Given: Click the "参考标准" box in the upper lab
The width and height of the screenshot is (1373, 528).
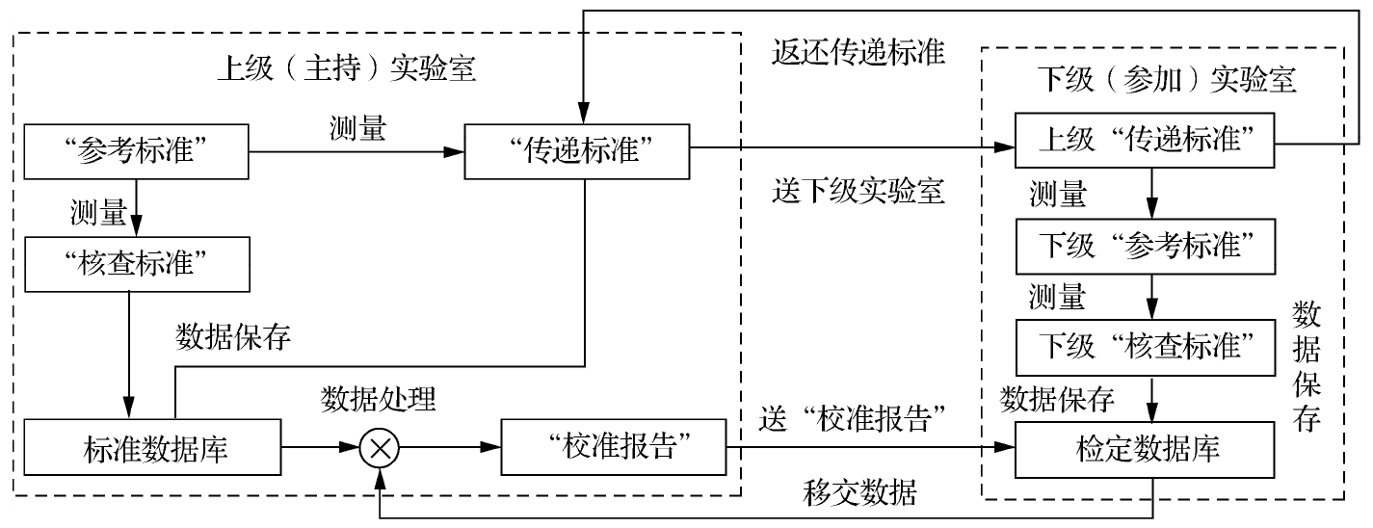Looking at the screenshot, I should pos(136,151).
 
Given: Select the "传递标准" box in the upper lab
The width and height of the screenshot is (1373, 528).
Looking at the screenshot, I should pos(576,151).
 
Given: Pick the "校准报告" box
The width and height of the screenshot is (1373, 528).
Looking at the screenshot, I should pos(613,448).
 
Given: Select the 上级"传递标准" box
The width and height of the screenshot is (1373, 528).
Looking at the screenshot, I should pos(1144,143).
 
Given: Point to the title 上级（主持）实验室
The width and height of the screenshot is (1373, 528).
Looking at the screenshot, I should pos(348,70).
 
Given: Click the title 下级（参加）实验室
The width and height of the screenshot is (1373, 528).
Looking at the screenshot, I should pos(1166,79).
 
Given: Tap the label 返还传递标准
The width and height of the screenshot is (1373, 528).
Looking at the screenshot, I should pos(858,51).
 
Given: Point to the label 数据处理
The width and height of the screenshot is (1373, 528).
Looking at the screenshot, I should pos(379,397).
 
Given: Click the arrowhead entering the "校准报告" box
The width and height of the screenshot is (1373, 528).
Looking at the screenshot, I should pos(492,448).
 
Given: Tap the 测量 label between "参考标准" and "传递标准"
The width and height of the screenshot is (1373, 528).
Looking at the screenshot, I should pos(356,130).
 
